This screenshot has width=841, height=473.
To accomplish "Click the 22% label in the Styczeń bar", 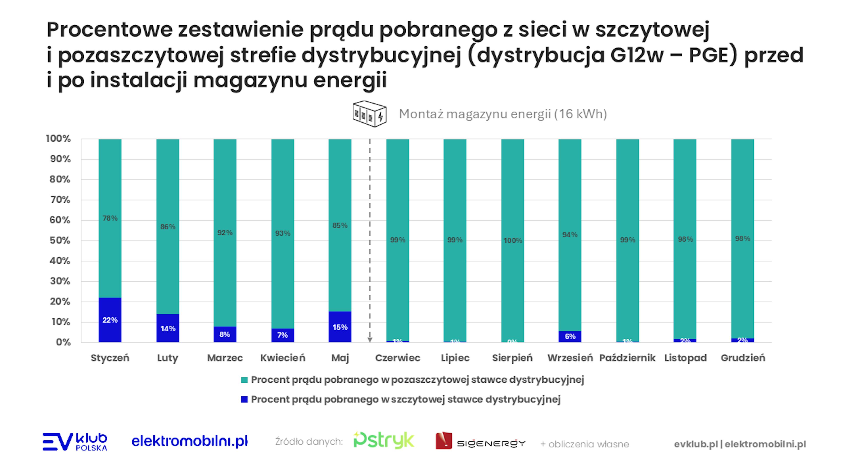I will click(x=110, y=320).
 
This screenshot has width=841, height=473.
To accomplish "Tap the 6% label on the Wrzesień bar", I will click(x=570, y=337).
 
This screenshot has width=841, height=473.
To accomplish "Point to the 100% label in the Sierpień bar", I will click(x=512, y=241).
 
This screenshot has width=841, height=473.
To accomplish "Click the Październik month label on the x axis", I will click(x=627, y=358).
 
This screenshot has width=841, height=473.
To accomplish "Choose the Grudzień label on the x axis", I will click(x=743, y=358).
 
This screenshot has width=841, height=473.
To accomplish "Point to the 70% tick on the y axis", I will click(x=60, y=200).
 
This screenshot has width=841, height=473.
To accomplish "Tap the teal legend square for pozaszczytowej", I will click(x=244, y=380).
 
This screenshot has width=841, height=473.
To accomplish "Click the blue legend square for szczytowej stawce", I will click(x=244, y=400).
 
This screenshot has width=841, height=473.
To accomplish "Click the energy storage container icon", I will click(x=369, y=114).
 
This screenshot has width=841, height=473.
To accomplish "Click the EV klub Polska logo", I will click(x=75, y=442).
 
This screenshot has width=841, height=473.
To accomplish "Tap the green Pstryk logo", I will click(x=384, y=441).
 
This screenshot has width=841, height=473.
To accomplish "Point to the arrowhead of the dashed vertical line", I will click(x=370, y=340).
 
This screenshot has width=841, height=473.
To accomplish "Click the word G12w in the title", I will click(x=637, y=55).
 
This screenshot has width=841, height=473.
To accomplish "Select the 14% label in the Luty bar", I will click(x=168, y=329).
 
